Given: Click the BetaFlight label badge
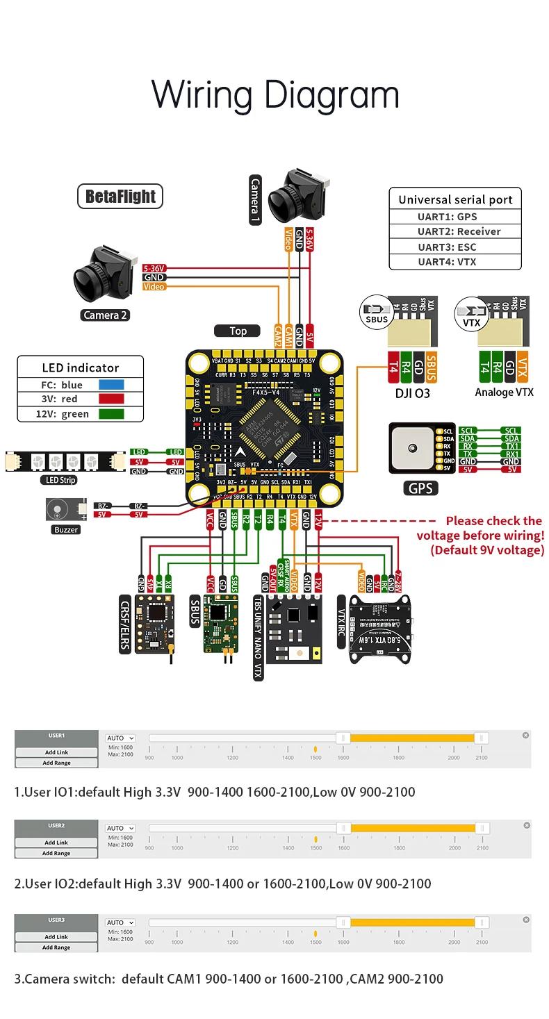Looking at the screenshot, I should (x=120, y=196).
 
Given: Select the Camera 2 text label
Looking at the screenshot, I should (x=106, y=315).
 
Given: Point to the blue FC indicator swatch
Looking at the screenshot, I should (x=110, y=385).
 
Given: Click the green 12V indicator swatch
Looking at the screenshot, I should (x=110, y=414).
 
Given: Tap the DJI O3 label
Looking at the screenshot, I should (x=411, y=392).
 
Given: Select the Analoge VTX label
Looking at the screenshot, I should (x=504, y=392).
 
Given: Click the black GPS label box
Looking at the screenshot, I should (x=420, y=488).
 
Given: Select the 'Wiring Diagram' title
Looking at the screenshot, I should (x=275, y=94).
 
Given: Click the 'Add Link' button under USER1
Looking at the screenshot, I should (x=56, y=752).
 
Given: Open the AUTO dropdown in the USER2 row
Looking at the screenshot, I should (x=120, y=828).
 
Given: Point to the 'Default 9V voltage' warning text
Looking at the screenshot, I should (x=486, y=550).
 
